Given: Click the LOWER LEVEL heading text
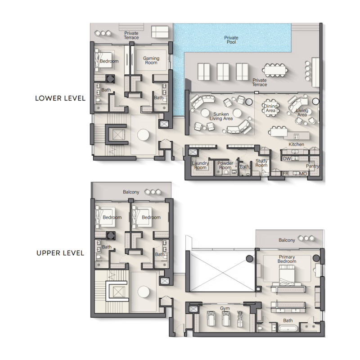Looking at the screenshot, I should pyautogui.click(x=60, y=98).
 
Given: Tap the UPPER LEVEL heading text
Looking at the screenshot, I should pyautogui.click(x=60, y=253).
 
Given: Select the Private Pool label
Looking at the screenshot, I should pyautogui.click(x=231, y=40).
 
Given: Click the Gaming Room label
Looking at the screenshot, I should pyautogui.click(x=151, y=60).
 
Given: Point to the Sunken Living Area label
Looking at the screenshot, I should pyautogui.click(x=223, y=117).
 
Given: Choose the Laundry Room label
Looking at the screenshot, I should pyautogui.click(x=200, y=165).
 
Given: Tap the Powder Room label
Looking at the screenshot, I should pyautogui.click(x=225, y=165).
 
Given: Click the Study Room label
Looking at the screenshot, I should pyautogui.click(x=261, y=163).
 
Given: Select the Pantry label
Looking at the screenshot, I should pyautogui.click(x=313, y=166).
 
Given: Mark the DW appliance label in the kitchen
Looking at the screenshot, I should pyautogui.click(x=286, y=158).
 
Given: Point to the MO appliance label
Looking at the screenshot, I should pyautogui.click(x=303, y=173).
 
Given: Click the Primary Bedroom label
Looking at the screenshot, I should pyautogui.click(x=287, y=259).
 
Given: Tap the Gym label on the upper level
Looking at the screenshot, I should pyautogui.click(x=225, y=308).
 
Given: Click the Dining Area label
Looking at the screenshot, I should pyautogui.click(x=270, y=108).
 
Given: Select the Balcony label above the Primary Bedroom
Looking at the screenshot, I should pyautogui.click(x=287, y=240).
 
